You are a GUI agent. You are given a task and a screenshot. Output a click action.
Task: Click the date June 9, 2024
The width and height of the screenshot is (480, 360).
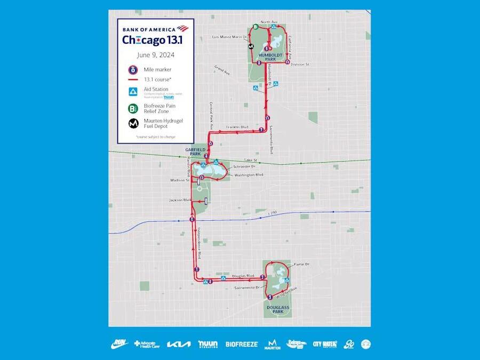tap(155, 54)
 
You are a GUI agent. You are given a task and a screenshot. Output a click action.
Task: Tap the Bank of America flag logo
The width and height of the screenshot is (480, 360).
tap(182, 28)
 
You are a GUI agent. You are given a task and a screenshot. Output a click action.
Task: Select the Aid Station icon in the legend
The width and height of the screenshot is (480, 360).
tap(132, 91)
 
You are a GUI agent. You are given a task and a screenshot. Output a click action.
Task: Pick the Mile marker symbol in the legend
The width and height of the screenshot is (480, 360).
tap(132, 69)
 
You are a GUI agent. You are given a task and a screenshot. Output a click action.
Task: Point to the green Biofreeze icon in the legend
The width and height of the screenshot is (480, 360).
tap(132, 108)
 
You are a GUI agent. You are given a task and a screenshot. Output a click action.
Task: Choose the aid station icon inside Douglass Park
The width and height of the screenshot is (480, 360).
tap(287, 279)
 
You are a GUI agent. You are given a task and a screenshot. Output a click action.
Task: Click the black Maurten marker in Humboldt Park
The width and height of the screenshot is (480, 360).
tap(251, 46)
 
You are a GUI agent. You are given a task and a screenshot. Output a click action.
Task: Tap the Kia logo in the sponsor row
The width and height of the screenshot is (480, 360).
tap(178, 345)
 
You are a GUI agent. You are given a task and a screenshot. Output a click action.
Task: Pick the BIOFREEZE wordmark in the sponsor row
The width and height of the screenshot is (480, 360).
tap(241, 345)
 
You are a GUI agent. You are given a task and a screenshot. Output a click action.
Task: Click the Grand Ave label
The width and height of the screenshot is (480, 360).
tap(221, 69)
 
